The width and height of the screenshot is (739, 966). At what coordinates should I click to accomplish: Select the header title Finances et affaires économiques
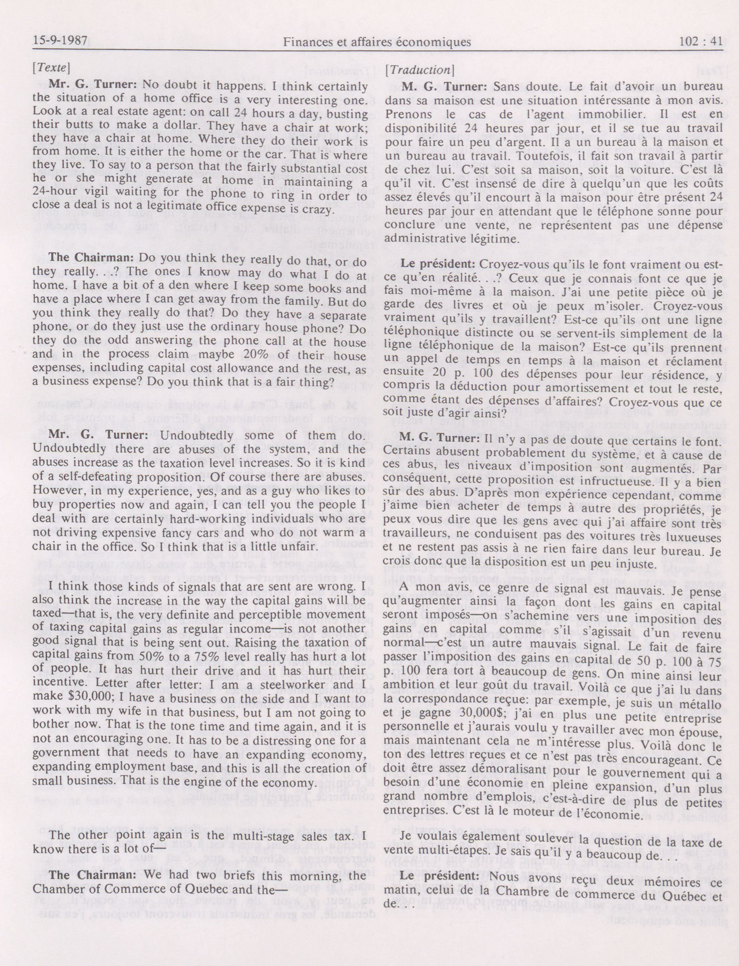(377, 42)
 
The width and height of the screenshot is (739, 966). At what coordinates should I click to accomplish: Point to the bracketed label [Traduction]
(418, 70)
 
